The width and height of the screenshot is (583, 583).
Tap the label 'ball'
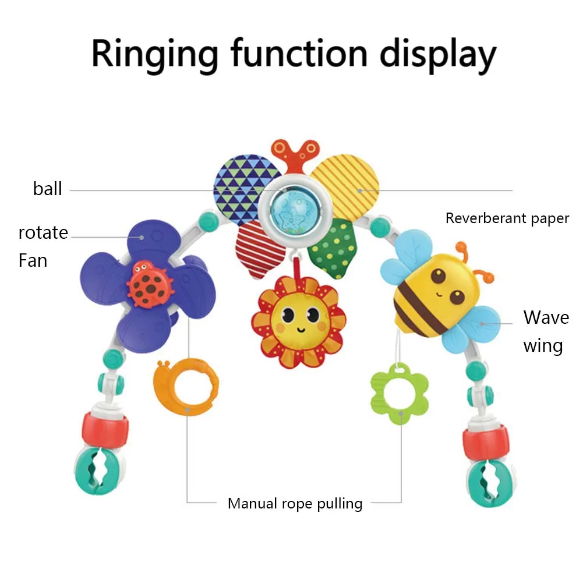tap(47, 189)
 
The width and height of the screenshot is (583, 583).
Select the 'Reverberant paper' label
tap(507, 218)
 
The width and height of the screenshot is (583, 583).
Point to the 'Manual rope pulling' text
tap(295, 503)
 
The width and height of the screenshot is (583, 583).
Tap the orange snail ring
tap(185, 386)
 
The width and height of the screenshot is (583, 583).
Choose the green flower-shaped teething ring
tap(399, 392)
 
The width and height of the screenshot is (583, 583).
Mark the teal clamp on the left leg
tap(96, 471)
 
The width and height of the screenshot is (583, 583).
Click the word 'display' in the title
tap(438, 54)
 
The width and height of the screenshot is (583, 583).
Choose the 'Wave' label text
tap(546, 317)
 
